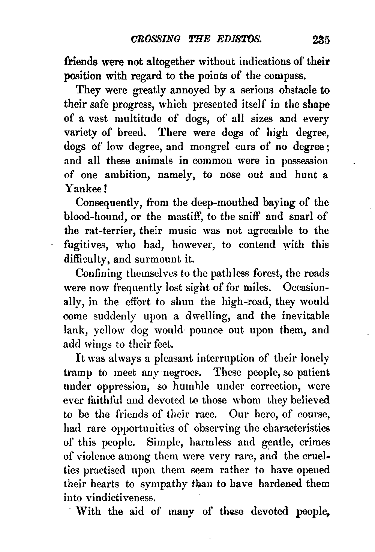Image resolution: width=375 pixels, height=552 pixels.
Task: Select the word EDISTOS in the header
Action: coord(240,39)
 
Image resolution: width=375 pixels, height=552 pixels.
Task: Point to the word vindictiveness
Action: coord(108,499)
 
